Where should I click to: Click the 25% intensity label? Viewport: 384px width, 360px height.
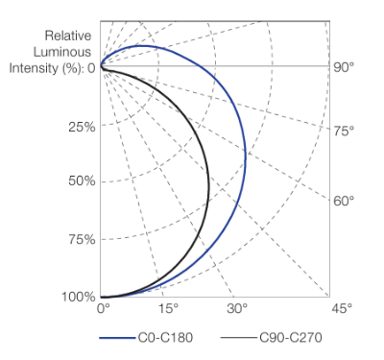tap(82, 128)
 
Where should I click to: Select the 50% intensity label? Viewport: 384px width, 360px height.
tap(82, 181)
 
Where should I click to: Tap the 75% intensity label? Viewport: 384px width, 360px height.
tap(82, 239)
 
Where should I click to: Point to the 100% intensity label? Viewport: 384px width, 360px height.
tap(79, 297)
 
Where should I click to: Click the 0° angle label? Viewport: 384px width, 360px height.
tap(104, 309)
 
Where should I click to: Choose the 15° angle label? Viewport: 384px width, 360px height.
tap(168, 309)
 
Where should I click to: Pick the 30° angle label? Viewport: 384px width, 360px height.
tap(237, 309)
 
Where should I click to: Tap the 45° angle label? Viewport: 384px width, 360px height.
tap(342, 309)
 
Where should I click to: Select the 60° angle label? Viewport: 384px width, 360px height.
tap(344, 201)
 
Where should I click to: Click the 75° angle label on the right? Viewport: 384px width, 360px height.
tap(344, 131)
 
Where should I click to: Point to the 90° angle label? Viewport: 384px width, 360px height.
tap(344, 67)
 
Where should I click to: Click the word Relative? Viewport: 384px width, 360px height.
tap(68, 36)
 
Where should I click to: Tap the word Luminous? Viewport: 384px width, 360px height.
tap(62, 52)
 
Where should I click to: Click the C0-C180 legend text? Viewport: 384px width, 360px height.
tap(165, 338)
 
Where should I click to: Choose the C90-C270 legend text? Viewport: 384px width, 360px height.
tap(291, 338)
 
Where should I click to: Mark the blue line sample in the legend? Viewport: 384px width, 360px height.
tap(117, 338)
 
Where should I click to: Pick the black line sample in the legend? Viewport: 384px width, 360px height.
tap(239, 338)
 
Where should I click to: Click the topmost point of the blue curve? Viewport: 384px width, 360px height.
tap(141, 46)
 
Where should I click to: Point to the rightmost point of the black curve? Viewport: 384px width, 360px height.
tap(209, 187)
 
